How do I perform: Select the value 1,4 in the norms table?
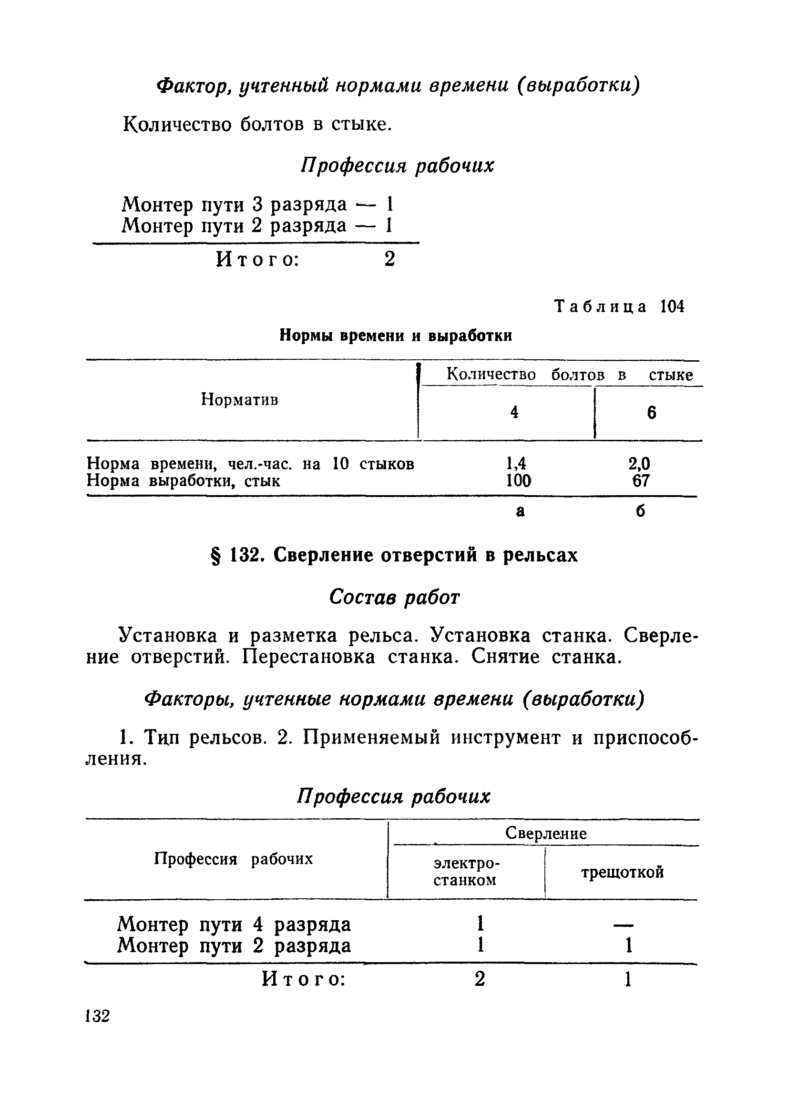click(x=516, y=463)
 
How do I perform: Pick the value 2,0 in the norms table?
click(x=639, y=463)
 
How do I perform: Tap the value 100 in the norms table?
click(x=518, y=481)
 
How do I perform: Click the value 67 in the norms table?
click(x=641, y=481)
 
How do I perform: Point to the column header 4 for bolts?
click(x=514, y=412)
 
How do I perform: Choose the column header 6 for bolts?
click(x=651, y=413)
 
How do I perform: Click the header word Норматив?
click(x=239, y=399)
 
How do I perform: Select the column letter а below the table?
click(x=520, y=511)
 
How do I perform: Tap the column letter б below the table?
click(x=640, y=511)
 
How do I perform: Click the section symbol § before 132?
click(x=217, y=556)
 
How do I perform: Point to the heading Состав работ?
click(x=394, y=598)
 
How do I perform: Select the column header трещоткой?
click(x=622, y=872)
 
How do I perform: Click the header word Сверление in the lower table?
click(x=546, y=833)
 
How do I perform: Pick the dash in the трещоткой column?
click(x=623, y=926)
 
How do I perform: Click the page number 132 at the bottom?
click(x=98, y=1016)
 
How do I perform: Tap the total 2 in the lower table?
click(x=480, y=978)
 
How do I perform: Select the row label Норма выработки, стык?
click(x=184, y=481)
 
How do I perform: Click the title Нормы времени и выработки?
click(x=395, y=335)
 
